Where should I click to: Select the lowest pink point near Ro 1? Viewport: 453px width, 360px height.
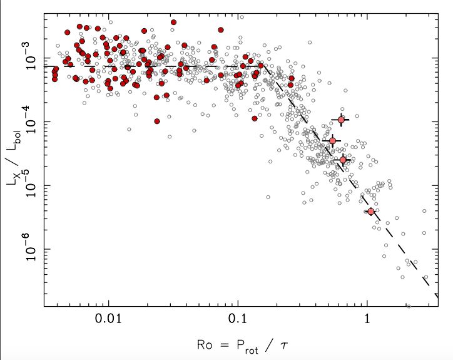(x=371, y=211)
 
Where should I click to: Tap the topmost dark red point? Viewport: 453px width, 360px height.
(x=173, y=22)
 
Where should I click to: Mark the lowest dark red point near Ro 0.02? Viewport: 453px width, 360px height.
(x=156, y=121)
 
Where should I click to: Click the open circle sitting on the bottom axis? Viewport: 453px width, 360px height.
(x=409, y=306)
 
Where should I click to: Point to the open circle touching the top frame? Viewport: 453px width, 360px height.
(x=242, y=17)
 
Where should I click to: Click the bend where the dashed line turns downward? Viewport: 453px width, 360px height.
(x=263, y=66)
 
